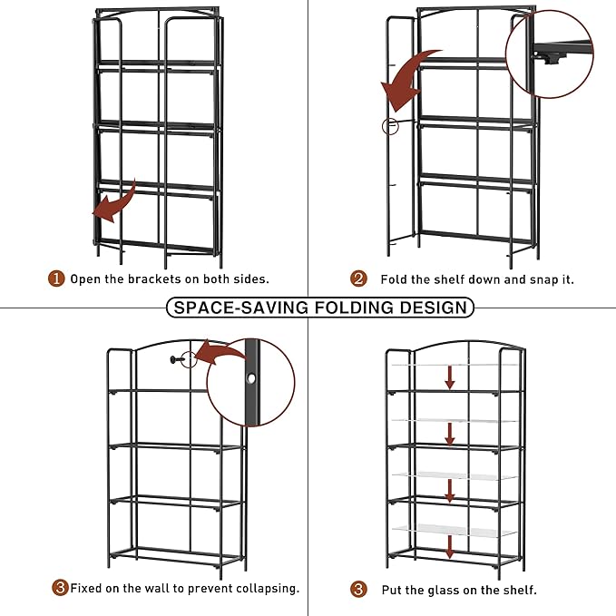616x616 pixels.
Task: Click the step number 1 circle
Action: tap(56, 279)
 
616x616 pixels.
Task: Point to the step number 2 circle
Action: tap(360, 279)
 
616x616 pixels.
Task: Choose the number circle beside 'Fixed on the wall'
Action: tap(61, 588)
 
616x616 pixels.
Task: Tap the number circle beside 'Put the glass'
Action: tap(360, 589)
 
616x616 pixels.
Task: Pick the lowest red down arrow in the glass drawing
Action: tap(450, 545)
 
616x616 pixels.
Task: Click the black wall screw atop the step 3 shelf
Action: tap(177, 360)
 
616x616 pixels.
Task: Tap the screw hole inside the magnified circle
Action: tap(249, 377)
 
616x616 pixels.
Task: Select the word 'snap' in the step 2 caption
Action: tap(534, 279)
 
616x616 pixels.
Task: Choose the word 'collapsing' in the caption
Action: tap(266, 588)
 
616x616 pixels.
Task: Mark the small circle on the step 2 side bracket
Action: tap(390, 127)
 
